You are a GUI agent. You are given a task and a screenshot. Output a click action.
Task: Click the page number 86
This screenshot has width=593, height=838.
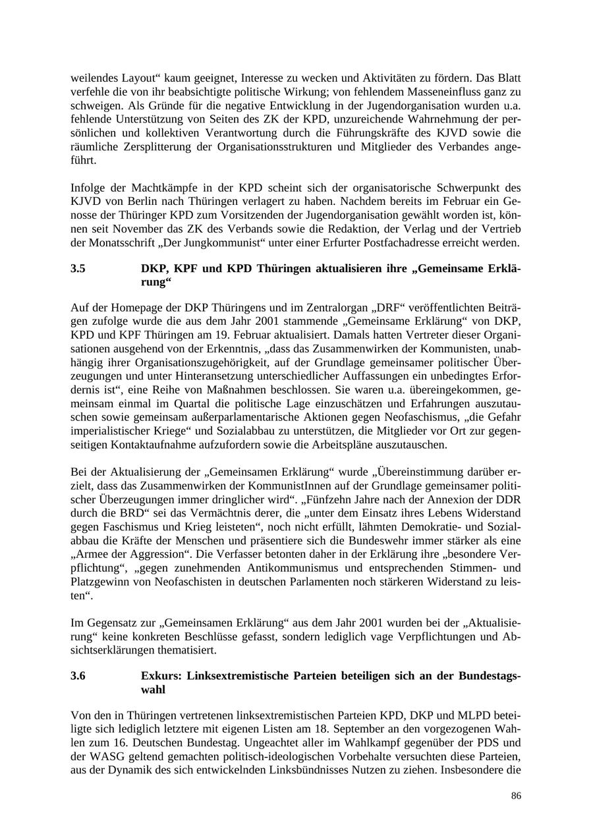click(x=516, y=796)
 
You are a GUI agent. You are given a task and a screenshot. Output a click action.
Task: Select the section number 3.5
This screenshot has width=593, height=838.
click(x=78, y=269)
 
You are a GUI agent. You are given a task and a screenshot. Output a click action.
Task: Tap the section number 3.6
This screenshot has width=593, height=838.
click(x=78, y=676)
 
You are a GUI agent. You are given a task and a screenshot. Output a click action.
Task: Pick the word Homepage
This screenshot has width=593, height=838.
click(x=138, y=308)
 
